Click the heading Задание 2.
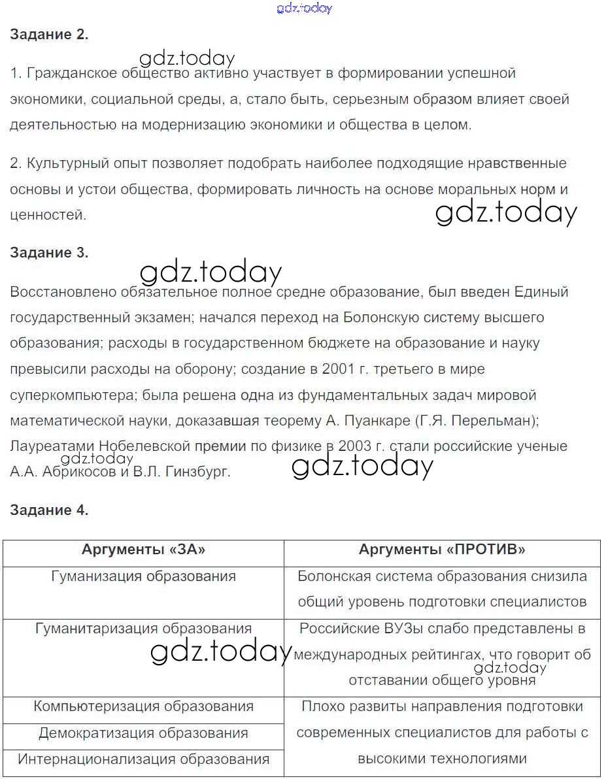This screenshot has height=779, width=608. (49, 35)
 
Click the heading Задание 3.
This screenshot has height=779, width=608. (49, 253)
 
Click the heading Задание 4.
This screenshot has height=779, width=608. (49, 510)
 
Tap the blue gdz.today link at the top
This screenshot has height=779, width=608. (305, 8)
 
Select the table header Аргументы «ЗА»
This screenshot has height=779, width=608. (143, 550)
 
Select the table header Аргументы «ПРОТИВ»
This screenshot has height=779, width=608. (442, 550)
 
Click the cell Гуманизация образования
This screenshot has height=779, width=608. (143, 576)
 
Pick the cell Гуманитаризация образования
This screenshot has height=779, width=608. (143, 629)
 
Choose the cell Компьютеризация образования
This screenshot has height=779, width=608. (143, 706)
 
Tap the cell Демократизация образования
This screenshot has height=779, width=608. (143, 733)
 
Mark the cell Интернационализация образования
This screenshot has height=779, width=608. (143, 759)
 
